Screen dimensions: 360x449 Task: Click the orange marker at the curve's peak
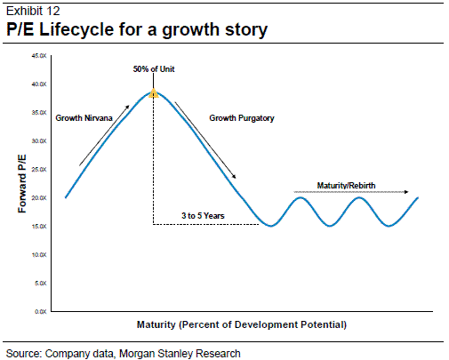pyautogui.click(x=153, y=92)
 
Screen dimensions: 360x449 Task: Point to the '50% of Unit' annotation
pyautogui.click(x=153, y=68)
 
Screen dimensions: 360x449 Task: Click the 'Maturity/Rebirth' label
pyautogui.click(x=347, y=186)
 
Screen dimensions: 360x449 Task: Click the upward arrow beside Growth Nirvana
pyautogui.click(x=105, y=135)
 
